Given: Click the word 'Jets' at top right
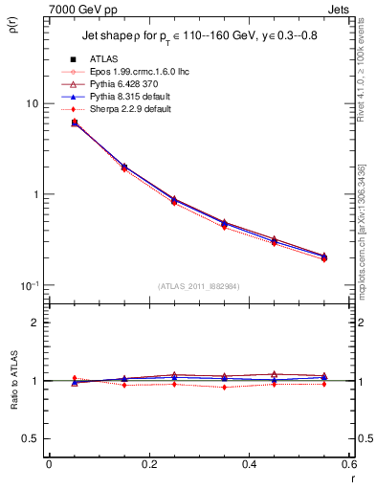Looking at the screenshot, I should click(341, 9).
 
